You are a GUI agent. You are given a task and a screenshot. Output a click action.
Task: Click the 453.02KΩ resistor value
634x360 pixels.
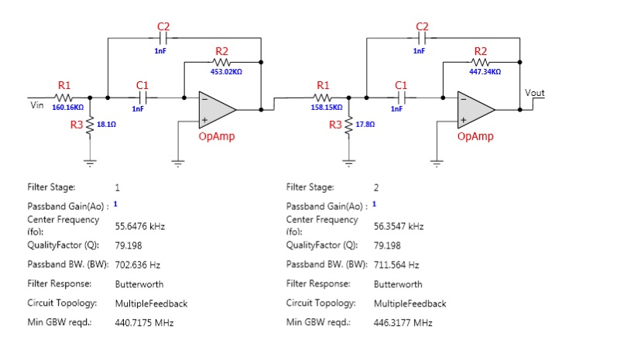[226, 71]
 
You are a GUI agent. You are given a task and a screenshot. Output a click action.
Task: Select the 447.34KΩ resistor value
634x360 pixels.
[485, 71]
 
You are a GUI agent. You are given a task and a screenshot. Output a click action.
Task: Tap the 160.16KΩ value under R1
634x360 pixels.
[68, 107]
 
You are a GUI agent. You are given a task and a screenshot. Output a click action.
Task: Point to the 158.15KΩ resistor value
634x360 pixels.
[327, 107]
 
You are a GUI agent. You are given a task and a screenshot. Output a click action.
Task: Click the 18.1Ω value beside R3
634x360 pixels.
[106, 124]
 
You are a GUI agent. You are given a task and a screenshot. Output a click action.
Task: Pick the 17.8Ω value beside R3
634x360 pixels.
[365, 124]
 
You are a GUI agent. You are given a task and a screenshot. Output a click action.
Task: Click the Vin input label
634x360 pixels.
[37, 105]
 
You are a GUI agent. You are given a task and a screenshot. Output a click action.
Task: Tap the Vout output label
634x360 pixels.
[535, 93]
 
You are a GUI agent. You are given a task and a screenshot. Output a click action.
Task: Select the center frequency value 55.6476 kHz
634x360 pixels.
[140, 226]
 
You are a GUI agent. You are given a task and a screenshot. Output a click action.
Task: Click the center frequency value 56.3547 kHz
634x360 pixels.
[399, 226]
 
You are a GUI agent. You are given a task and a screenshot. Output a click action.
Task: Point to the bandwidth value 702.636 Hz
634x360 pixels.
[138, 265]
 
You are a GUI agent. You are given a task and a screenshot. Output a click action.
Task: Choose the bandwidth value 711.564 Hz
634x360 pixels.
[396, 265]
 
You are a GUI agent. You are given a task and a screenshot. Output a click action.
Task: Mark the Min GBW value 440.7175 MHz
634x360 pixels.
[144, 323]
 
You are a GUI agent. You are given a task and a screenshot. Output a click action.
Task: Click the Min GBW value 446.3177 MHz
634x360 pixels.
[403, 323]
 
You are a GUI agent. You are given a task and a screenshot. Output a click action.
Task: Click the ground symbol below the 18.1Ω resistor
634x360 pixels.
[90, 163]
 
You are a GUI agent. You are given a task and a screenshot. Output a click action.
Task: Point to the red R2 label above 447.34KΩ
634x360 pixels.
[481, 51]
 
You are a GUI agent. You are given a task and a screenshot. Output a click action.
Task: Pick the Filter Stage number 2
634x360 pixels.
[376, 187]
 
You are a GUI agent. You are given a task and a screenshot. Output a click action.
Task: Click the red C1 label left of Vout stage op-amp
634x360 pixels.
[401, 85]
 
